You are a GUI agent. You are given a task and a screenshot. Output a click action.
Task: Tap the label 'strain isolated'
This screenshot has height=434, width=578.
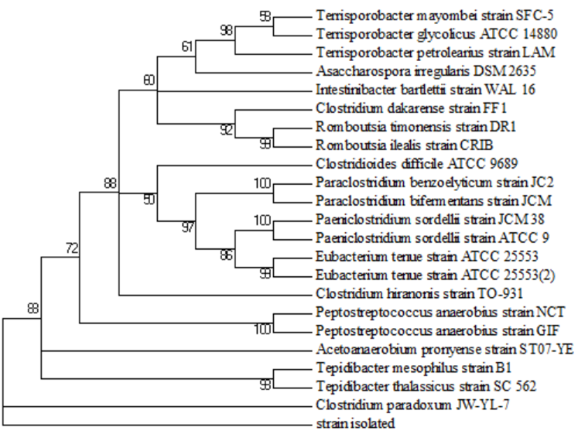pyautogui.click(x=356, y=424)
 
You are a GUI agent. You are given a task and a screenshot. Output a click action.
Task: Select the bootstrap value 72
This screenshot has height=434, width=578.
pyautogui.click(x=71, y=248)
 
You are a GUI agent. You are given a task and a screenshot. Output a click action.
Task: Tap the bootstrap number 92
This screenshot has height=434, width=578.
pyautogui.click(x=225, y=129)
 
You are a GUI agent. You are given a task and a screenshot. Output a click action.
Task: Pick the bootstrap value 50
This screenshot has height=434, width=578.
pyautogui.click(x=149, y=200)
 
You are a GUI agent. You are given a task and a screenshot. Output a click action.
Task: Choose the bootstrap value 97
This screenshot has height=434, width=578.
pyautogui.click(x=187, y=226)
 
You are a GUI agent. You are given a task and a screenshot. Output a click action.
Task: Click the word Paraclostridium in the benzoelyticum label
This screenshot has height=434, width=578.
pyautogui.click(x=353, y=183)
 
